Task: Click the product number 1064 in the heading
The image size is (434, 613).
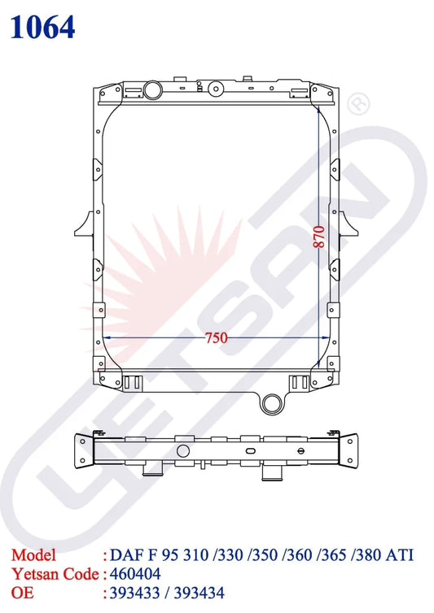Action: [43, 28]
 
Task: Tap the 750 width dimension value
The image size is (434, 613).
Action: [215, 337]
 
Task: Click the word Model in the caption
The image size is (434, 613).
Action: [34, 556]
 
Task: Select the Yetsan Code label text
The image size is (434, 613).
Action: [54, 575]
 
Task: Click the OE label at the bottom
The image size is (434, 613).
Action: [22, 593]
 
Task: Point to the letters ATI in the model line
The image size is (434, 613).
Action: [399, 556]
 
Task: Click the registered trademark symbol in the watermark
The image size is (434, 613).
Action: [358, 104]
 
